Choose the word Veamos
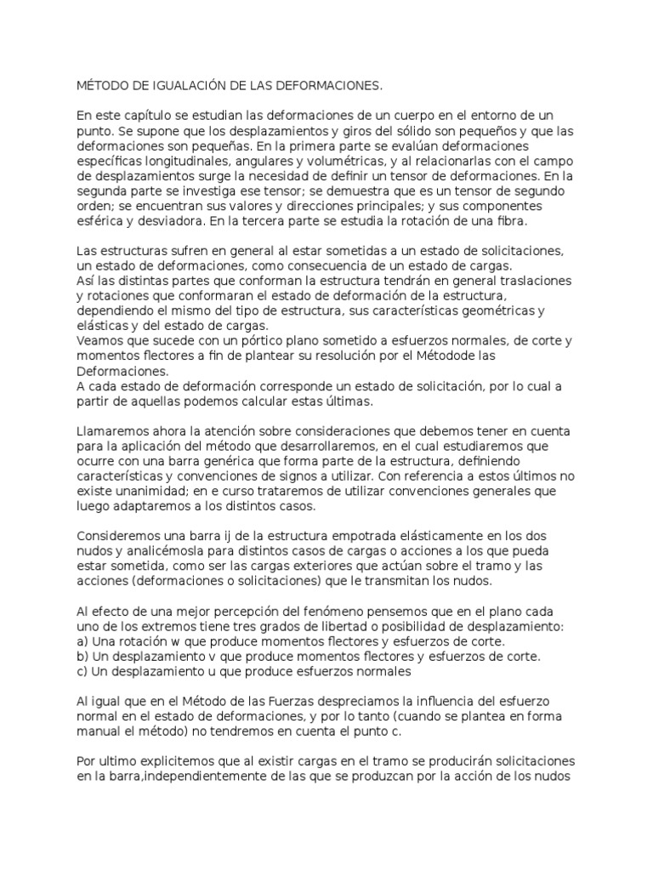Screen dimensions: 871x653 coord(102,342)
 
